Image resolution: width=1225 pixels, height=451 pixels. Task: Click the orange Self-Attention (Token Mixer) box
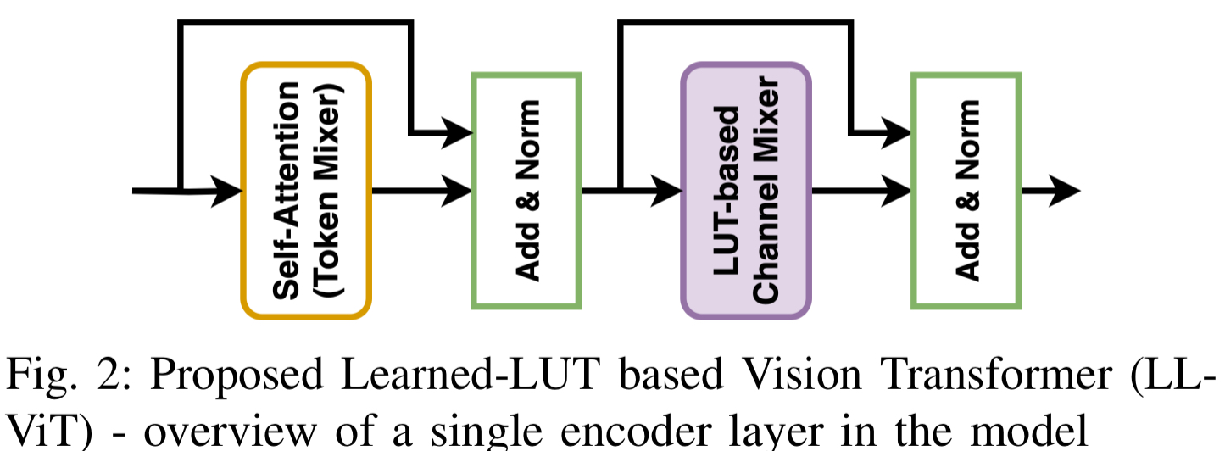[x=306, y=191]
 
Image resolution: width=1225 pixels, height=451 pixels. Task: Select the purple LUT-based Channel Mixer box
[x=746, y=191]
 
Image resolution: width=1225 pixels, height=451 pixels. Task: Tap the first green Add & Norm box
[x=526, y=191]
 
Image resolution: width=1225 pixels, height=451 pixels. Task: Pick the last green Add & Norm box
[x=966, y=191]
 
